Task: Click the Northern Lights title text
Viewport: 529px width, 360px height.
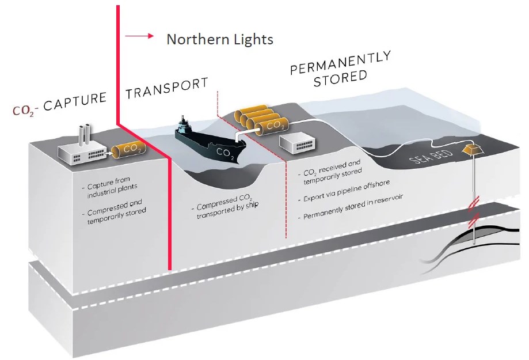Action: coord(220,40)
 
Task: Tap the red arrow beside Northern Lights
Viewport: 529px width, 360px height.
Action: coord(139,36)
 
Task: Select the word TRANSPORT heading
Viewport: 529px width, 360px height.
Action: coord(167,88)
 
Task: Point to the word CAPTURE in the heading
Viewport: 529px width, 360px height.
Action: coord(75,101)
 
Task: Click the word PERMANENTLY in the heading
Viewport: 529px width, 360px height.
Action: coord(340,63)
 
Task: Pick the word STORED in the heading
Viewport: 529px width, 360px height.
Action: coord(340,78)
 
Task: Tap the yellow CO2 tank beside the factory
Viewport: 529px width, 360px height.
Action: coord(129,150)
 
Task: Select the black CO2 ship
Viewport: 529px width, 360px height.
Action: coord(210,142)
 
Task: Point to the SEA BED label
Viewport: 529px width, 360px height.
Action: coord(431,157)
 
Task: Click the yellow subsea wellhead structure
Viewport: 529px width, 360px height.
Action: coord(472,149)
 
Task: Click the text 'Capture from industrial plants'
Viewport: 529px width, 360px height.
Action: coord(109,187)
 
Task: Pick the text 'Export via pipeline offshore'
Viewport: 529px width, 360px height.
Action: coord(344,191)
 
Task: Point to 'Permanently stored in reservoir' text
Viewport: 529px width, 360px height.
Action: coord(351,207)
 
